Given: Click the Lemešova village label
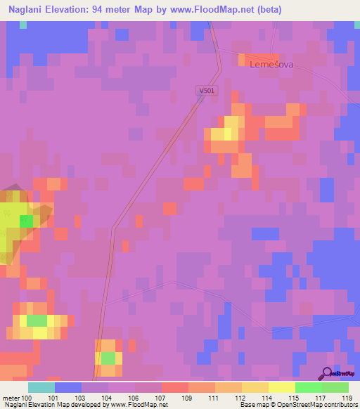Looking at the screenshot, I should (271, 64).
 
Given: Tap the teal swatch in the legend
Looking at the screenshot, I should (41, 387).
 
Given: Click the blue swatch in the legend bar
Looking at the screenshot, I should (68, 387).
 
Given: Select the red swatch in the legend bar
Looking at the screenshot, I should (175, 387).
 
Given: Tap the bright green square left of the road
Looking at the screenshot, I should (26, 221).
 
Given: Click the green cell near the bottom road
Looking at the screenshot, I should (108, 358).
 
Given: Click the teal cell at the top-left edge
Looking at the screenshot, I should (23, 25).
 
